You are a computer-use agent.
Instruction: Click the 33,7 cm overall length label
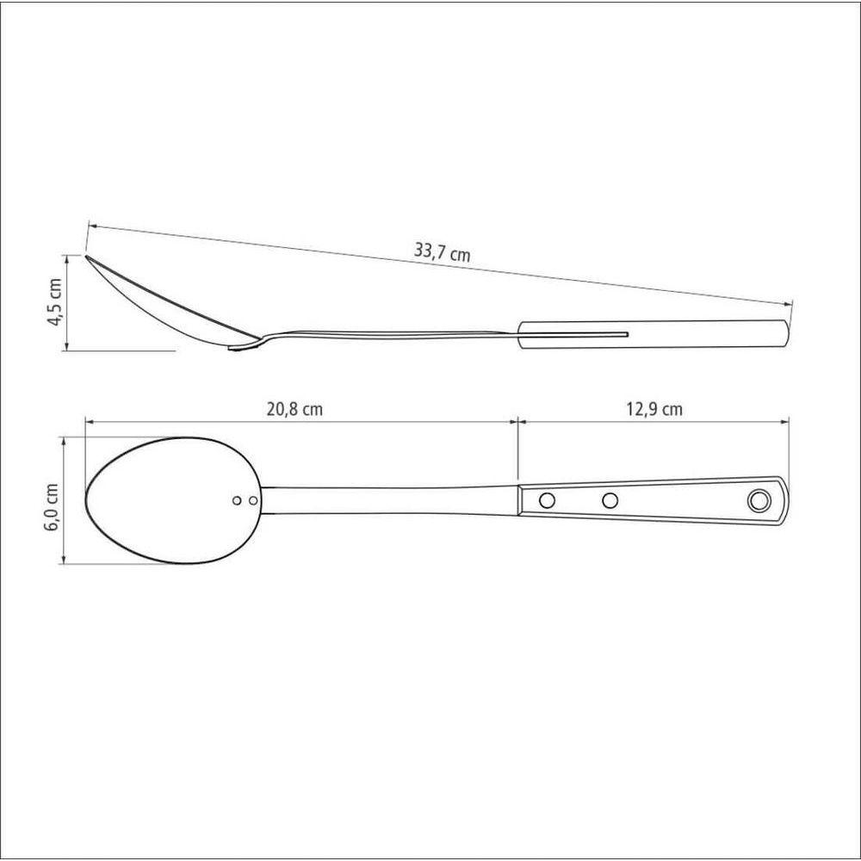[x=442, y=253]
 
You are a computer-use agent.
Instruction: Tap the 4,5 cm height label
[x=56, y=302]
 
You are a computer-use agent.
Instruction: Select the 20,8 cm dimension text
[x=294, y=409]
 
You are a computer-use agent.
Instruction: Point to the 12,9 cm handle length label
[x=654, y=409]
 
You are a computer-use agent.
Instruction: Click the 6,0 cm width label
[x=53, y=507]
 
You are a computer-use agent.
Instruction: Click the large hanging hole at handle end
[x=759, y=500]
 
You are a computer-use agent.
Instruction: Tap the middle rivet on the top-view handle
[x=610, y=500]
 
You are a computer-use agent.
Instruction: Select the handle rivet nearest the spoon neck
[x=547, y=500]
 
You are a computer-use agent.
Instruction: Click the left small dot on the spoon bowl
[x=238, y=500]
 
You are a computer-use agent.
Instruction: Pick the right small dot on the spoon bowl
[x=253, y=500]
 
